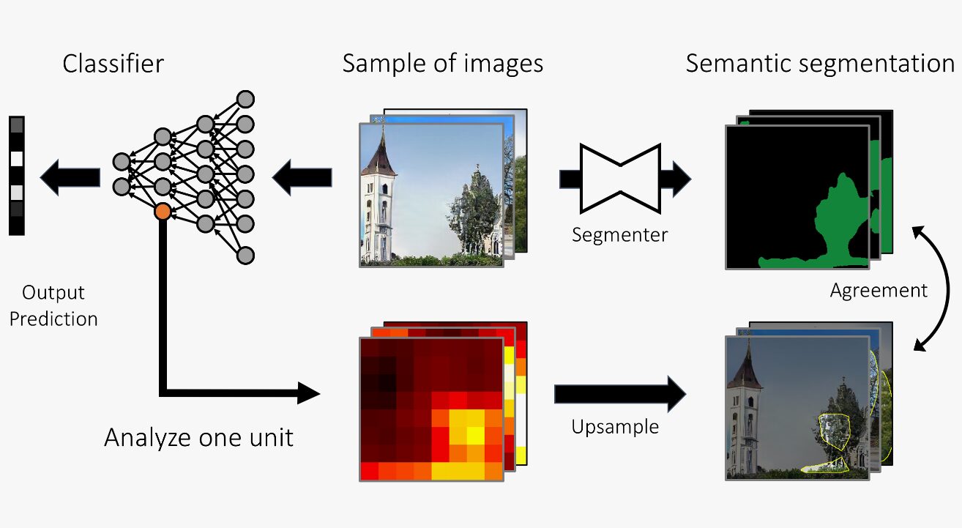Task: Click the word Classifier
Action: [x=113, y=64]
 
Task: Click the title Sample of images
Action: [x=442, y=64]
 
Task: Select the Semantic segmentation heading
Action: [x=820, y=64]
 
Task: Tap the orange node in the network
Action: [x=163, y=212]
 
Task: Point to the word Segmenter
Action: [x=619, y=235]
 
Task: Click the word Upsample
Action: [x=615, y=425]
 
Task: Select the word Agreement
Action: [x=879, y=290]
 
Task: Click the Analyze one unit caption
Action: [x=198, y=437]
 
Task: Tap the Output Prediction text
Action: [x=53, y=305]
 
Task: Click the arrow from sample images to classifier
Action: [x=302, y=177]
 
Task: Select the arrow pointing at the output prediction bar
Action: [x=70, y=177]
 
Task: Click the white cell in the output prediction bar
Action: [x=17, y=158]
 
